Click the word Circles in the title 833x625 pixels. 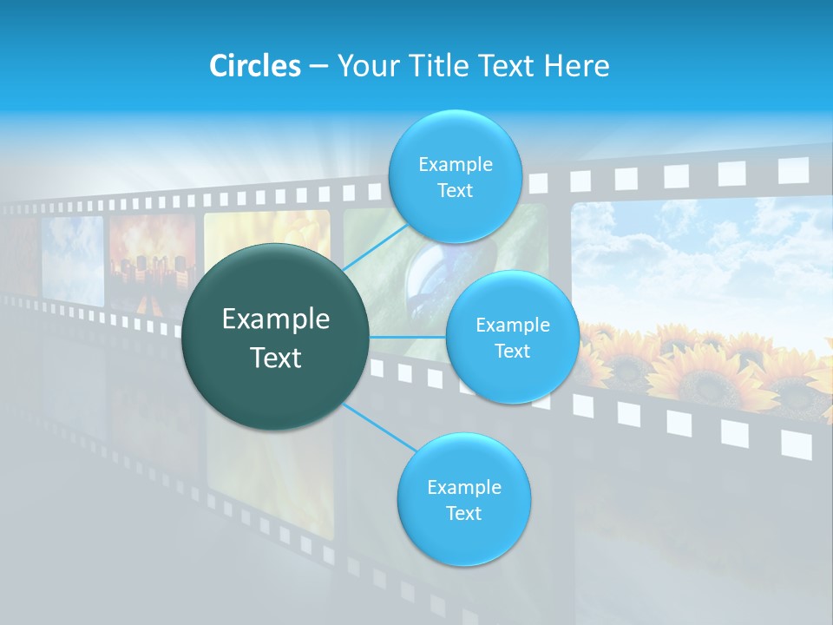pos(254,66)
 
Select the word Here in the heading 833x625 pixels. pos(576,66)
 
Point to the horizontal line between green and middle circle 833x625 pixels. pos(408,337)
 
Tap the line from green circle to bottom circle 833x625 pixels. pos(378,427)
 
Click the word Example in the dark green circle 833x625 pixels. pos(276,319)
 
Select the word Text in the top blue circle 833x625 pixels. pos(455,191)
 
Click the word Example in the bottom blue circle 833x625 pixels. pos(463,487)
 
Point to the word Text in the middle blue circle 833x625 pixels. pos(512,352)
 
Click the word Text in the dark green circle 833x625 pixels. pos(276,358)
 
